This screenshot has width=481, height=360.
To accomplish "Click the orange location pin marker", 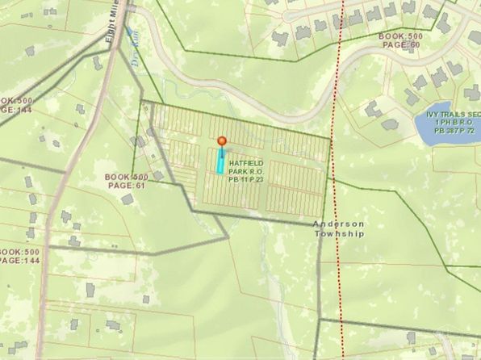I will click(223, 141).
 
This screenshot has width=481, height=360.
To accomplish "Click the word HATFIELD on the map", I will click(245, 163).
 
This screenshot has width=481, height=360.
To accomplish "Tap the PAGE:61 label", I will click(125, 186).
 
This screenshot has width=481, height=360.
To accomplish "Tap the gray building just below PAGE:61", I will click(128, 199).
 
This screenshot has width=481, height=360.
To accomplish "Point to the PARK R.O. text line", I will click(245, 172).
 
